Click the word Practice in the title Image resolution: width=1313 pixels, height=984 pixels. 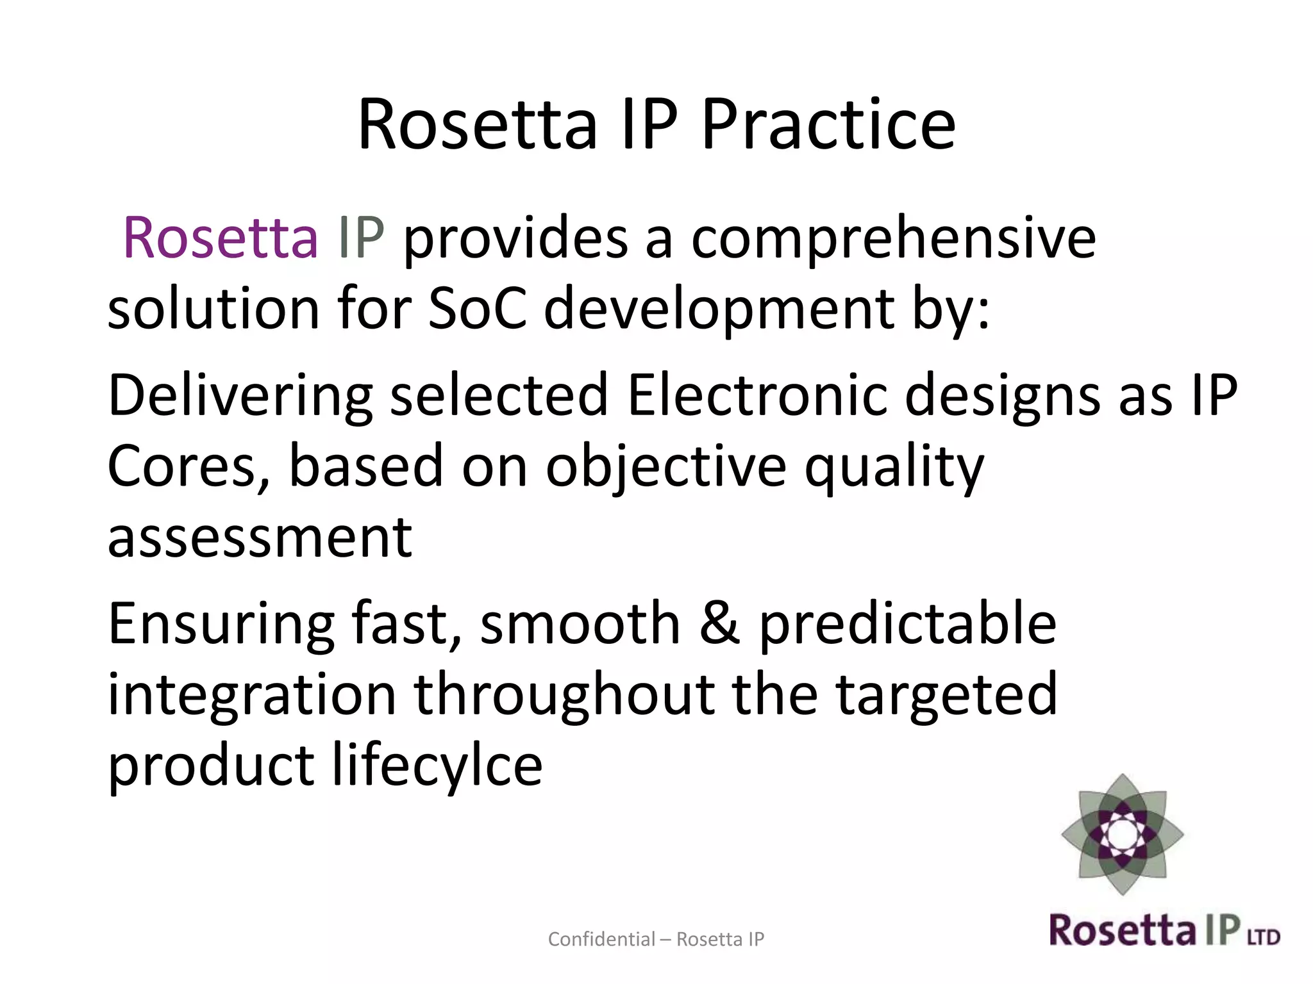[828, 124]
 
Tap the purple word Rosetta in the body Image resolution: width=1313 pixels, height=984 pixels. [220, 238]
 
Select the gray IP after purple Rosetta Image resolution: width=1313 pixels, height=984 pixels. [361, 238]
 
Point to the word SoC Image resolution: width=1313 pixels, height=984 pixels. [477, 309]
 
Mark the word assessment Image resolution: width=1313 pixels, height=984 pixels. [260, 538]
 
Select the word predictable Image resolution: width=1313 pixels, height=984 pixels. [908, 625]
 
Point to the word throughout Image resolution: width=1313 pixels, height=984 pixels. [564, 694]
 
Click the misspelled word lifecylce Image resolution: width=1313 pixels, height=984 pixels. [437, 766]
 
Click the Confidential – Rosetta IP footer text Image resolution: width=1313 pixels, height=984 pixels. [656, 939]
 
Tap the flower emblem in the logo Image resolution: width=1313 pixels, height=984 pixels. [1122, 834]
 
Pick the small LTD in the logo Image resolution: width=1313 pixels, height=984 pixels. [1264, 937]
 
